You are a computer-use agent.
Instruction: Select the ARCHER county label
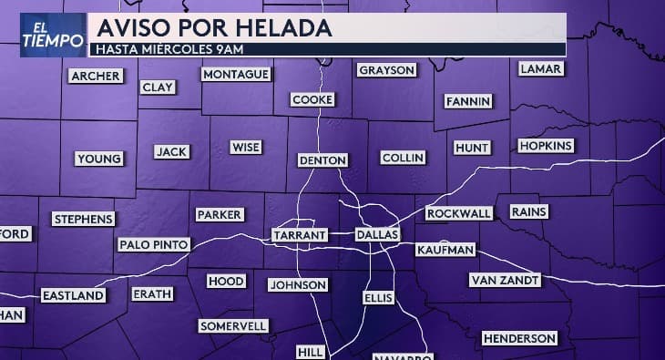coord(96,77)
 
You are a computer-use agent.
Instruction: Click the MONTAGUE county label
coord(236,74)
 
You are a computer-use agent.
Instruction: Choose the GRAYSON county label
coord(386,70)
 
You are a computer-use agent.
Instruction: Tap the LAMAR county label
coord(540,69)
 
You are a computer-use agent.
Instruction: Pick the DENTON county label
coord(322,160)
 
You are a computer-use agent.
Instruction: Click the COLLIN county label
coord(403,158)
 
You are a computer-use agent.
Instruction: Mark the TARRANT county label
coord(300,235)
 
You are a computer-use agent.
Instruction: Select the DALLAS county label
coord(377,235)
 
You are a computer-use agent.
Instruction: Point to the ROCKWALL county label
coord(459,213)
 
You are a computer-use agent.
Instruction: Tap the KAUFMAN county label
coord(445,250)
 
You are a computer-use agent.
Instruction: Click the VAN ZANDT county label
coord(506,280)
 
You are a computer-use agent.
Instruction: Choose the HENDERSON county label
coord(519,338)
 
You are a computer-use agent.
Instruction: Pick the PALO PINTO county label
coord(154,244)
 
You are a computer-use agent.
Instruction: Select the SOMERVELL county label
coord(233,325)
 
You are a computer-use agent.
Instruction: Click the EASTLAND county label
coord(73,295)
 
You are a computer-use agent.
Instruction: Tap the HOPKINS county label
coord(546,146)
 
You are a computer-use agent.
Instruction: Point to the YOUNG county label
coord(99,159)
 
